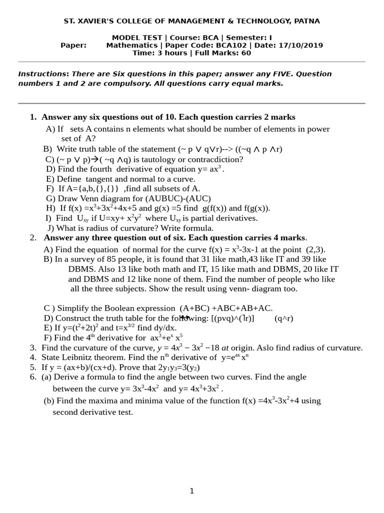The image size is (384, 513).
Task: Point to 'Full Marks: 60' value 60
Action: pos(246,53)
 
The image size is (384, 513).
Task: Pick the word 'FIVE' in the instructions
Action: pos(282,74)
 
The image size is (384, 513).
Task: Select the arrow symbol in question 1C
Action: pos(95,159)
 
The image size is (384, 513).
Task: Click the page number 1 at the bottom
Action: pos(191,491)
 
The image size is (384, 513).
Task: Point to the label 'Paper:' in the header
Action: pos(73,46)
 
